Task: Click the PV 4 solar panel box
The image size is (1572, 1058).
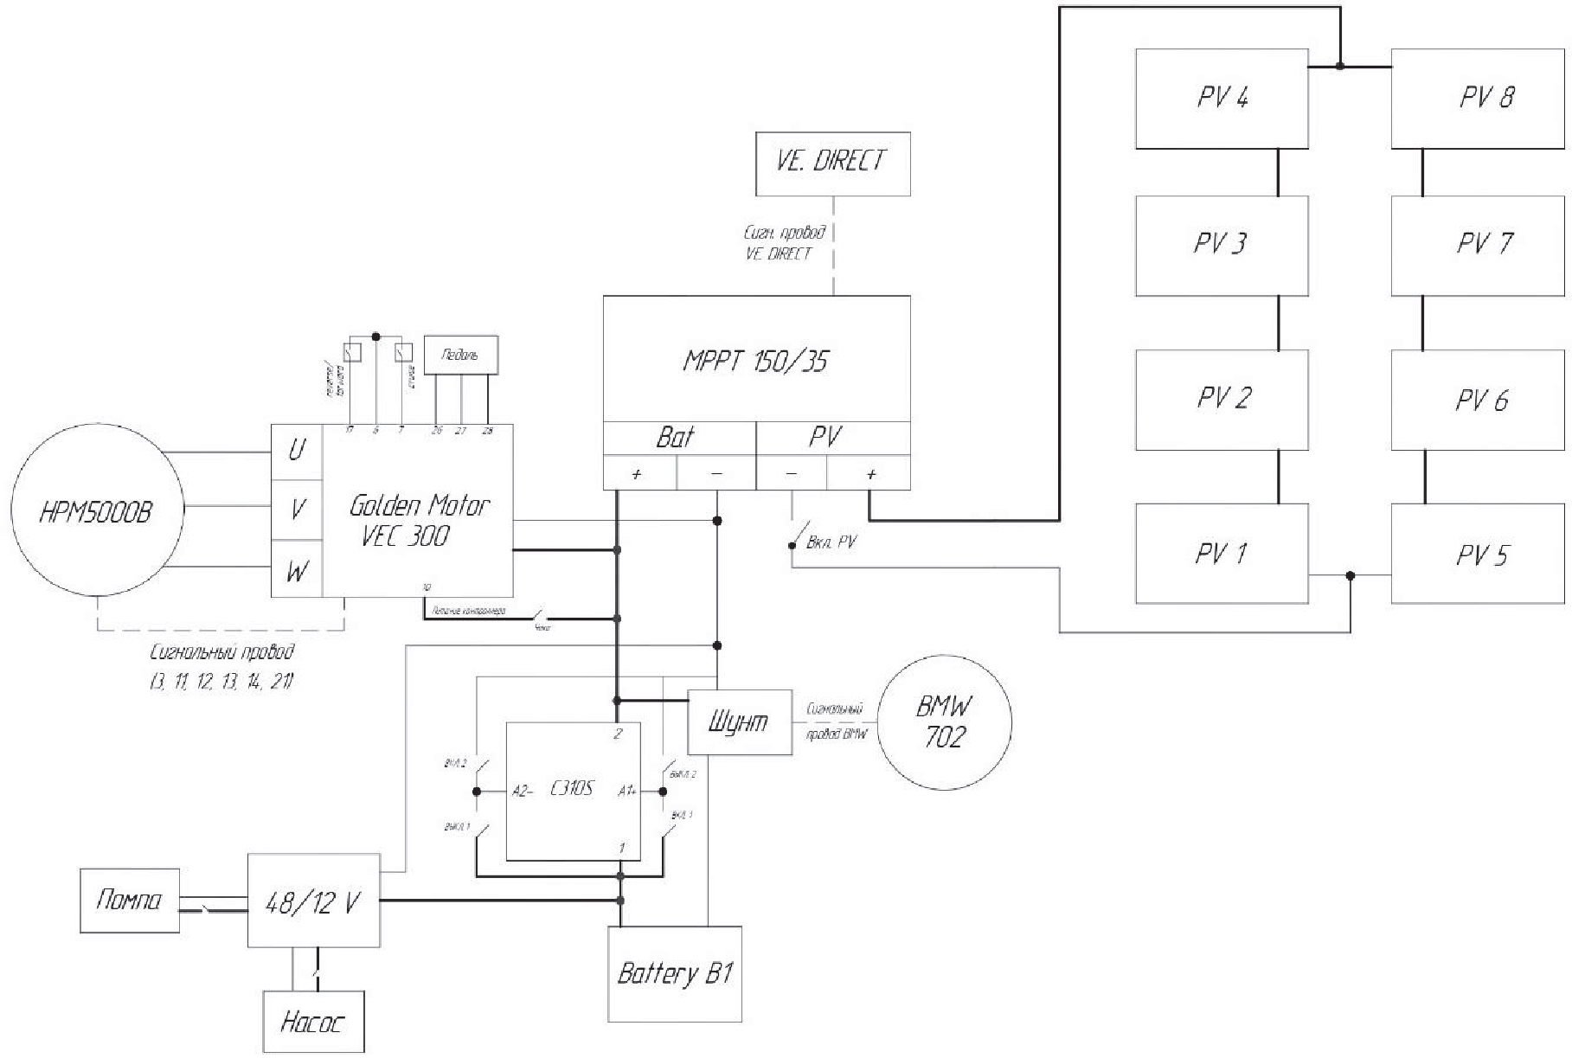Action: tap(1221, 99)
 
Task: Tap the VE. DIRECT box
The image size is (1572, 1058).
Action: tap(832, 164)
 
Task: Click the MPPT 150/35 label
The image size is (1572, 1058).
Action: tap(755, 361)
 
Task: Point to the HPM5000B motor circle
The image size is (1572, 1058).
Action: tap(97, 511)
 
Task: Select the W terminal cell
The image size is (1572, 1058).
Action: tap(297, 571)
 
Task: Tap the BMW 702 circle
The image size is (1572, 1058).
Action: tap(944, 722)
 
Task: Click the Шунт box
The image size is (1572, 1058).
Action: tap(739, 722)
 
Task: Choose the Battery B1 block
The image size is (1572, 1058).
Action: tap(675, 974)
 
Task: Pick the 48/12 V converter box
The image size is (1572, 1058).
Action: tap(313, 903)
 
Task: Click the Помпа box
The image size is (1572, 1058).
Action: tap(129, 901)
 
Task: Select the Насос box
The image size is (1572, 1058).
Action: tap(313, 1022)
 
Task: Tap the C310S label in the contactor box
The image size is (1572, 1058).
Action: tap(572, 789)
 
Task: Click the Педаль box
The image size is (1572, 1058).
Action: tap(460, 355)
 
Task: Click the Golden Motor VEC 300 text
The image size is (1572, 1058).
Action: tap(418, 520)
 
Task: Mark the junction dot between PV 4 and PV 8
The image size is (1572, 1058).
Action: tap(1339, 66)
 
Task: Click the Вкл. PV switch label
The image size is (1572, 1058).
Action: tap(831, 543)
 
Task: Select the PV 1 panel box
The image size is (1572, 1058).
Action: tap(1221, 554)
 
